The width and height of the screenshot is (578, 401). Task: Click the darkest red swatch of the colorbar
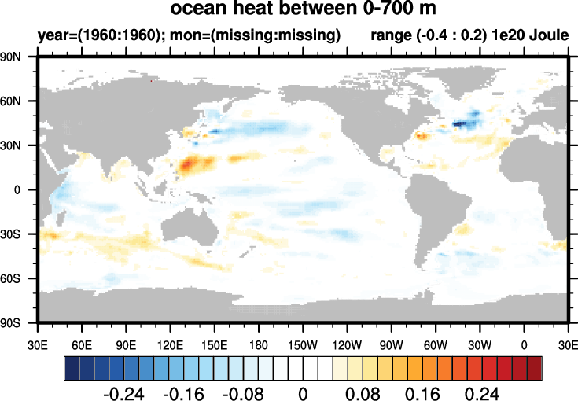tap(534, 367)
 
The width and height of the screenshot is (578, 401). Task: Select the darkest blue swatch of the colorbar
tap(72, 367)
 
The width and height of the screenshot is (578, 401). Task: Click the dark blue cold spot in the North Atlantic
tap(462, 123)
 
